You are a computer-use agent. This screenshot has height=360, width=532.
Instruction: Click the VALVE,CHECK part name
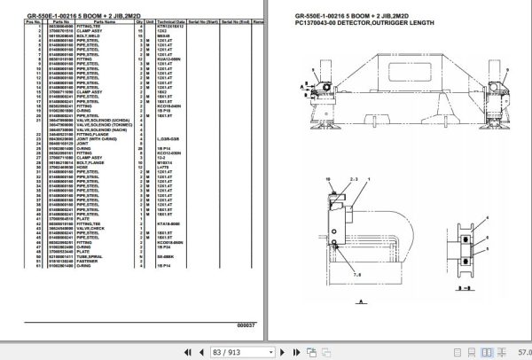click(92, 228)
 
